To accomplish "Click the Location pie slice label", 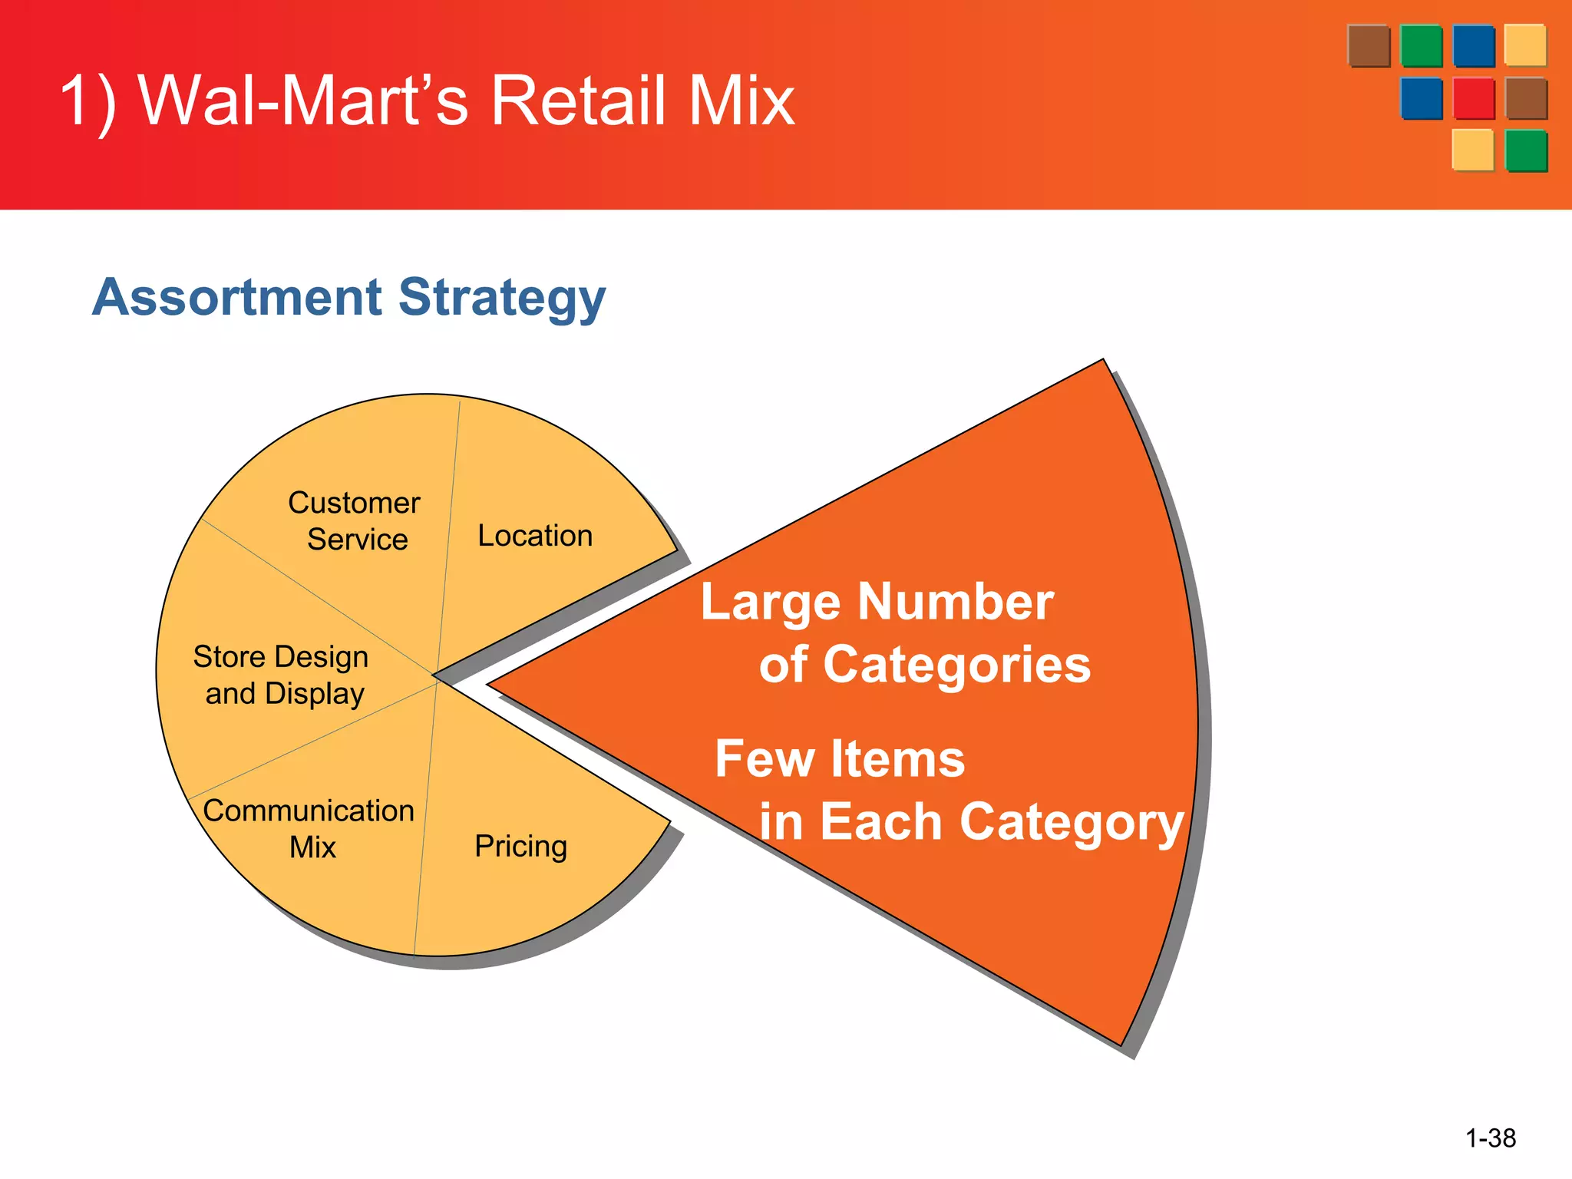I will pyautogui.click(x=535, y=536).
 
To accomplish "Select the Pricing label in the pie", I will pyautogui.click(x=520, y=846).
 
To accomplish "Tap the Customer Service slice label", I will pyautogui.click(x=355, y=520).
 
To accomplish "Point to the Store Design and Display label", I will pyautogui.click(x=282, y=675).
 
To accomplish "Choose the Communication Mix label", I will pyautogui.click(x=309, y=828).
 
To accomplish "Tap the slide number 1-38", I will pyautogui.click(x=1490, y=1138).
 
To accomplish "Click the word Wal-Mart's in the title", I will pyautogui.click(x=303, y=101).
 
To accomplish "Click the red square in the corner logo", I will pyautogui.click(x=1473, y=98).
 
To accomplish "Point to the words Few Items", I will pyautogui.click(x=840, y=758).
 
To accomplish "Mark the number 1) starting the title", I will pyautogui.click(x=88, y=101).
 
